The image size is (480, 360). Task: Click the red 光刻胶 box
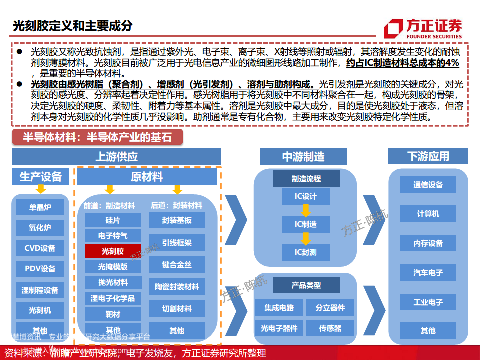point(113,251)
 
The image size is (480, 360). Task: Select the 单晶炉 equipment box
point(40,207)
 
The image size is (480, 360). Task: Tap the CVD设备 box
point(40,248)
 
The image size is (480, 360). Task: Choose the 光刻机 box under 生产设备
point(40,310)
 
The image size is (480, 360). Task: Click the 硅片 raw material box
point(113,220)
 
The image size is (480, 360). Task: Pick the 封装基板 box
point(177,220)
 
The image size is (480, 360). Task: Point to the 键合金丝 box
point(177,265)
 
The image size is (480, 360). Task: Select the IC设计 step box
point(306,196)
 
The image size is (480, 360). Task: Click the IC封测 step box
point(306,252)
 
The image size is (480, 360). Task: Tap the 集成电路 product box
point(279,307)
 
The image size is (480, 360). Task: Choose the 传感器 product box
point(330,328)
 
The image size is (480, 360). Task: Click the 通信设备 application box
point(428,185)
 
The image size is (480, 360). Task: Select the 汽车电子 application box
point(428,273)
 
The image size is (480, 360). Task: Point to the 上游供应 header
point(116,156)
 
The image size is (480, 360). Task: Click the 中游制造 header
point(303,156)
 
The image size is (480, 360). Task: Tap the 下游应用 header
point(428,156)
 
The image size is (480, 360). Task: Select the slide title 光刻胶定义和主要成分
point(73,26)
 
